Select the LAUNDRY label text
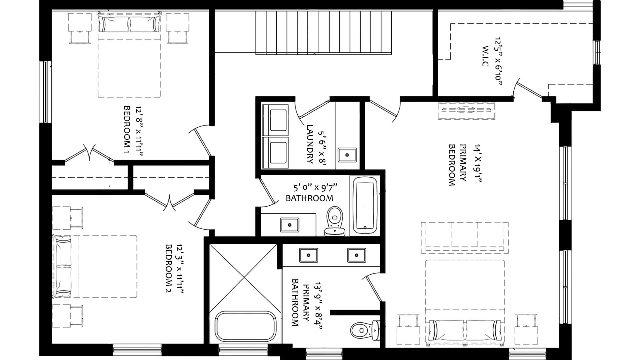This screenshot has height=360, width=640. (310, 144)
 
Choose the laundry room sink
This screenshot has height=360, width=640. (347, 155)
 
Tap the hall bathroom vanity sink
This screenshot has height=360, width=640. (290, 225)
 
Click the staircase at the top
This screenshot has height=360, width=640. (323, 32)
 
